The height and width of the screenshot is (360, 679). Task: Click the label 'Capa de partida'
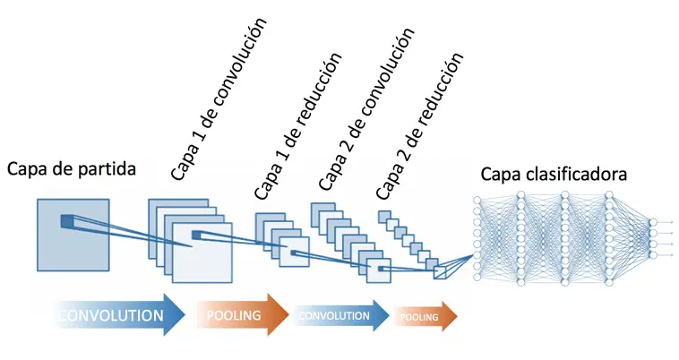[72, 167]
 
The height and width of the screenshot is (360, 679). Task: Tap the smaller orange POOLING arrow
[424, 316]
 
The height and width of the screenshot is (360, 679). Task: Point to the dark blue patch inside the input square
[67, 220]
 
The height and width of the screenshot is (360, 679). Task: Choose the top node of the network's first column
[477, 199]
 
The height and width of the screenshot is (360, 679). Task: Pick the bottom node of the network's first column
[477, 277]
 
